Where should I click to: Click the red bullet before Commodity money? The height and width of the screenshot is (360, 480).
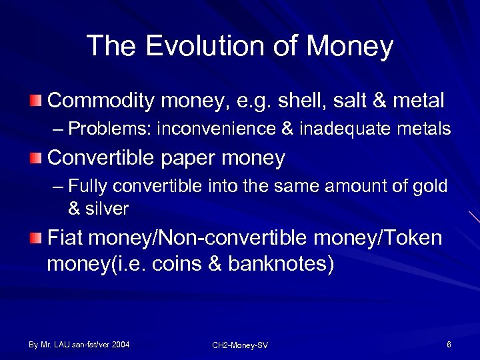click(35, 101)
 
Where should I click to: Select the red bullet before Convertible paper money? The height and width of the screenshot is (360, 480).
click(35, 158)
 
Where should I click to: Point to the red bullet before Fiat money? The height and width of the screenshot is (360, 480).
click(35, 238)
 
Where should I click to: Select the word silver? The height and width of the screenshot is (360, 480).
click(106, 209)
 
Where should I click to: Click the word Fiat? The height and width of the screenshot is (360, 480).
click(65, 237)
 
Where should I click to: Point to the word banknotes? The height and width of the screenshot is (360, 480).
click(280, 264)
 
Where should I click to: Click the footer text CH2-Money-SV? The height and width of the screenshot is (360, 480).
click(240, 345)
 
